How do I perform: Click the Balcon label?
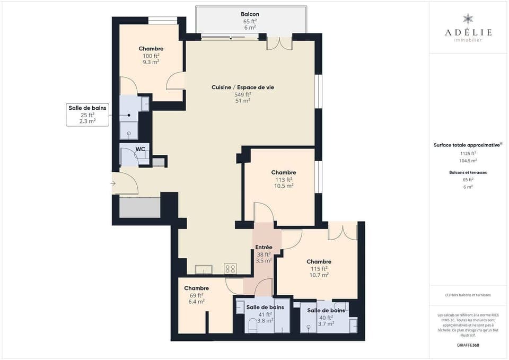click(x=250, y=14)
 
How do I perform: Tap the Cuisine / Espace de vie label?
click(x=242, y=87)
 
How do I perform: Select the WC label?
click(x=140, y=149)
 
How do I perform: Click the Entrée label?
click(x=264, y=247)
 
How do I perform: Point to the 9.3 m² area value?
click(x=151, y=62)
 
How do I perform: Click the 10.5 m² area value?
click(x=283, y=186)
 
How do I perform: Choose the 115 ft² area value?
click(x=319, y=268)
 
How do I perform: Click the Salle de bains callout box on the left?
click(x=87, y=115)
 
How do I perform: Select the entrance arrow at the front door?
click(x=113, y=183)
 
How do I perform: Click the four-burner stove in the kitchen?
click(x=230, y=269)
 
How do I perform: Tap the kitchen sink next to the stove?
click(x=204, y=270)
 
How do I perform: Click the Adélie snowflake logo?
click(x=468, y=19)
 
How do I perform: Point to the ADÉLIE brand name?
click(x=468, y=32)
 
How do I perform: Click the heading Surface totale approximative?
click(x=467, y=145)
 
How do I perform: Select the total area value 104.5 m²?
click(x=468, y=160)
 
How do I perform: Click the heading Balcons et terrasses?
click(x=468, y=172)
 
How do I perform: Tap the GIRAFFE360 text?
click(x=468, y=345)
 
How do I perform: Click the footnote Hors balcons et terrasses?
click(x=468, y=295)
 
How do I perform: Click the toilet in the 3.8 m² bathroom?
click(x=253, y=324)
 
